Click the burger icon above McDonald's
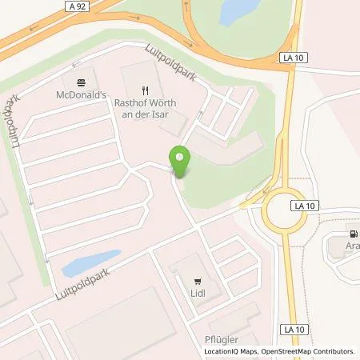[81, 83]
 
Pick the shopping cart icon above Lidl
[197, 282]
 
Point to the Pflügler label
[213, 339]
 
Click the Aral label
[352, 247]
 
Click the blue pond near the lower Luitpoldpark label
[90, 262]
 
